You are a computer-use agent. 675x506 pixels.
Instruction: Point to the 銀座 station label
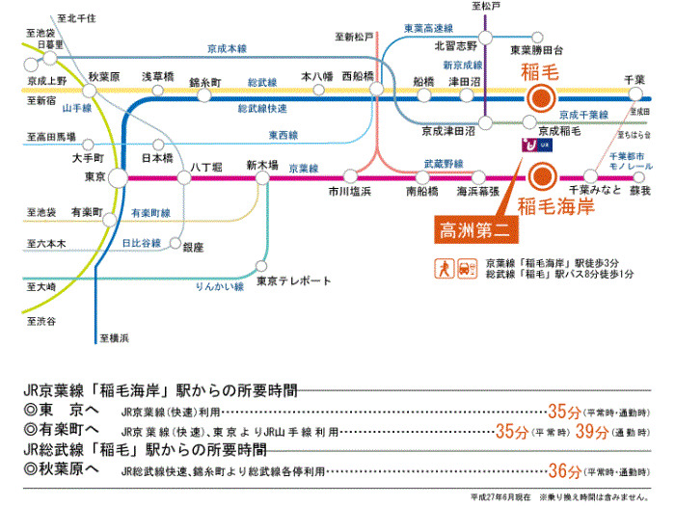(x=193, y=248)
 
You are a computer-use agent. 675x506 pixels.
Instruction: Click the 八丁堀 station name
(x=207, y=166)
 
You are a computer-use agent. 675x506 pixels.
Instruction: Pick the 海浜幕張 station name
(x=477, y=191)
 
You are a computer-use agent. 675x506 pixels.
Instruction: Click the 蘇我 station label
(x=639, y=191)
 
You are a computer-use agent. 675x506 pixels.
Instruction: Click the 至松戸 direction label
(x=487, y=7)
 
